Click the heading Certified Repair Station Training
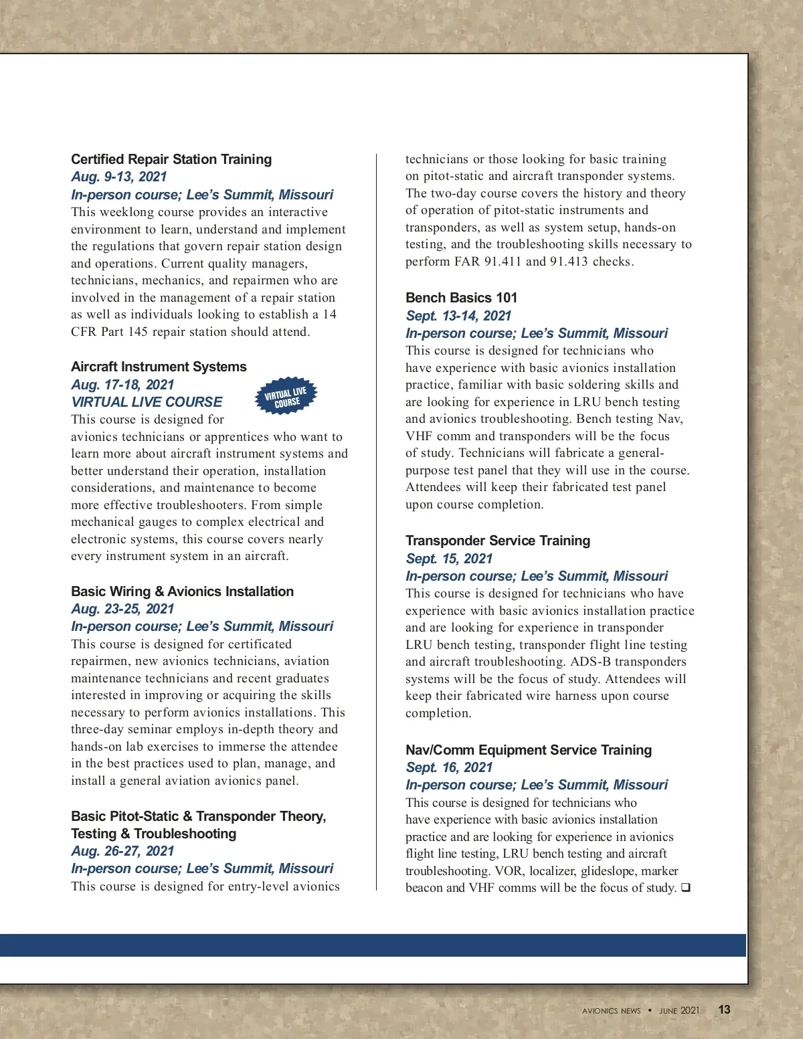click(x=171, y=159)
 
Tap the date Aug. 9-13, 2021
click(x=118, y=177)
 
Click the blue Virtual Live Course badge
click(x=286, y=396)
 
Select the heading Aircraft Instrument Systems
click(x=159, y=367)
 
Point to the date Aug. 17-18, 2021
click(x=122, y=385)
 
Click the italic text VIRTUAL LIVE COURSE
click(x=147, y=402)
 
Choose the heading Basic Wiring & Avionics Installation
click(x=182, y=591)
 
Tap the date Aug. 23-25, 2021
click(x=122, y=609)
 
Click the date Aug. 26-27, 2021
click(x=122, y=851)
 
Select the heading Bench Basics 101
click(x=461, y=298)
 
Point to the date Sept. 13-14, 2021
click(x=458, y=316)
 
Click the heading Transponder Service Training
click(x=498, y=541)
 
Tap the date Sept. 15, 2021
click(x=449, y=559)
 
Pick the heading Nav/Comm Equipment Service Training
click(x=529, y=750)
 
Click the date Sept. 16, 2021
click(x=449, y=767)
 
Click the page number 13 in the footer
click(x=724, y=1010)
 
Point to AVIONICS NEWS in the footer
click(x=611, y=1011)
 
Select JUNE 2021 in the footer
click(x=679, y=1011)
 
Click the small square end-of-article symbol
click(x=685, y=888)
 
